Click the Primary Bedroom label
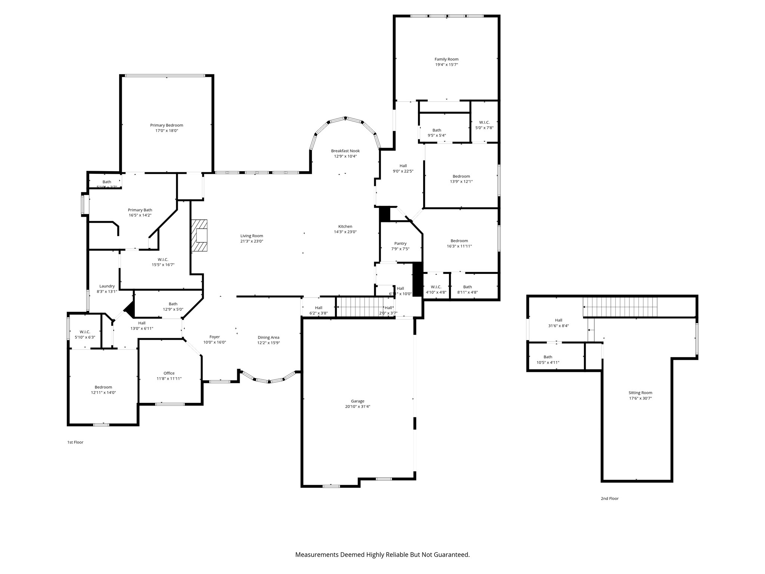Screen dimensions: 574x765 click(167, 125)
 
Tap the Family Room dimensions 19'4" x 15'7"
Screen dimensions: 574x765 click(446, 65)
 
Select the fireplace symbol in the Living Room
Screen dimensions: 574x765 click(199, 235)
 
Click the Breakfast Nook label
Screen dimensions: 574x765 click(345, 151)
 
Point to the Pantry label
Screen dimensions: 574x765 click(400, 244)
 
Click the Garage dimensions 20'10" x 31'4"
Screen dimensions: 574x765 click(357, 407)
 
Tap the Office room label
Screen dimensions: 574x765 click(169, 373)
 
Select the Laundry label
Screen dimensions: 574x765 click(107, 286)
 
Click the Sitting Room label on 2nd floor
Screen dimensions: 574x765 click(640, 393)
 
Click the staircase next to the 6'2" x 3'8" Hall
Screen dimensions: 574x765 click(365, 307)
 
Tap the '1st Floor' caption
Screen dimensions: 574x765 click(75, 442)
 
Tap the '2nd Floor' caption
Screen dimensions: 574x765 click(610, 499)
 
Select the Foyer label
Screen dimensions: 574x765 click(214, 337)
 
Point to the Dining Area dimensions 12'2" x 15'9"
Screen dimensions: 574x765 click(268, 343)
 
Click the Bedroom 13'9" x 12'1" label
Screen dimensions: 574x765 click(461, 176)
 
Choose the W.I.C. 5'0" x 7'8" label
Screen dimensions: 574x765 click(484, 123)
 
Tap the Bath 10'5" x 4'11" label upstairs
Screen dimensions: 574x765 click(548, 357)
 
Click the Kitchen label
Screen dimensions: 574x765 click(345, 226)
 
